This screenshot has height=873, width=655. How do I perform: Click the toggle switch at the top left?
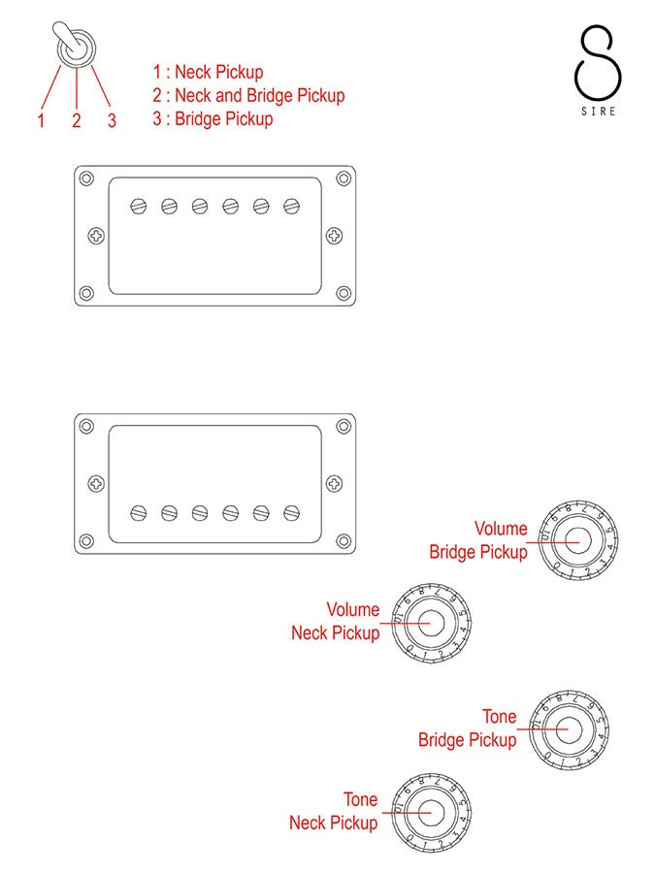point(75,45)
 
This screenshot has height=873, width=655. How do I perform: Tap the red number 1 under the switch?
point(41,120)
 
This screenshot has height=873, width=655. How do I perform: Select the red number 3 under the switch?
point(112,120)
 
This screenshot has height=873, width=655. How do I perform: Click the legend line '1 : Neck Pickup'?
point(209,72)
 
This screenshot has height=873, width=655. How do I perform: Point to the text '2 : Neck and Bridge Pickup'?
point(249,96)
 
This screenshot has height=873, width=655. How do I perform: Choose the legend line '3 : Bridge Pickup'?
point(213,119)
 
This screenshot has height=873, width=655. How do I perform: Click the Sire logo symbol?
point(598,62)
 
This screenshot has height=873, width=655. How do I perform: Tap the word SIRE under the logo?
point(599,112)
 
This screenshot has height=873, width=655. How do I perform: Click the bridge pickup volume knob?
point(577,540)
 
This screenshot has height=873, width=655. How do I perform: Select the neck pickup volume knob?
point(431,623)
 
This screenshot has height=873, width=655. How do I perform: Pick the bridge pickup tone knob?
point(568,729)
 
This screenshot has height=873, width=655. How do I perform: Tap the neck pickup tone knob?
point(431,812)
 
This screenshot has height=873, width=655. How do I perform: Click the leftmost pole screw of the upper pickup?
point(139,207)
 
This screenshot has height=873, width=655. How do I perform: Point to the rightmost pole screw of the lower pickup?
point(291,513)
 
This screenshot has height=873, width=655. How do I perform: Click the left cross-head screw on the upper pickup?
point(97,236)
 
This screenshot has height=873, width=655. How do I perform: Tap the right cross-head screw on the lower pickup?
point(334,484)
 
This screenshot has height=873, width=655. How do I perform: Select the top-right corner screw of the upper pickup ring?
point(344,178)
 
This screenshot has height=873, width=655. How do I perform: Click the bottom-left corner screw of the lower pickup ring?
point(86,540)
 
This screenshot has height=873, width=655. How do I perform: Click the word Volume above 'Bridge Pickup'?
point(501,529)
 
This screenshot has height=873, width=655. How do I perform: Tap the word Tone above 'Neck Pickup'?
point(360,799)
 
